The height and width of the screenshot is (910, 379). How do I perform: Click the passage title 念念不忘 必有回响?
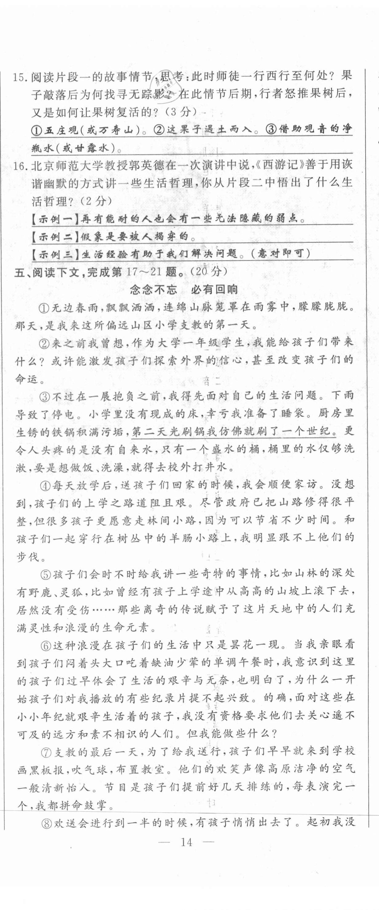pyautogui.click(x=184, y=290)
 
